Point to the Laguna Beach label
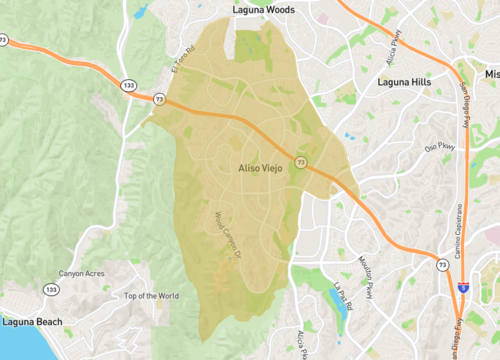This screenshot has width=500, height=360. [31, 323]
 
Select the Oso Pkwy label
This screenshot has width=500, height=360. [440, 148]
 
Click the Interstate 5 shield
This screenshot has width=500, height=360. [462, 285]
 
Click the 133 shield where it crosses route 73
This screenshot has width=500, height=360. [130, 86]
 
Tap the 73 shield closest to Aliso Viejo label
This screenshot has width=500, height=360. [300, 163]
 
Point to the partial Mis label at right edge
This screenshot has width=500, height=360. [490, 75]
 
